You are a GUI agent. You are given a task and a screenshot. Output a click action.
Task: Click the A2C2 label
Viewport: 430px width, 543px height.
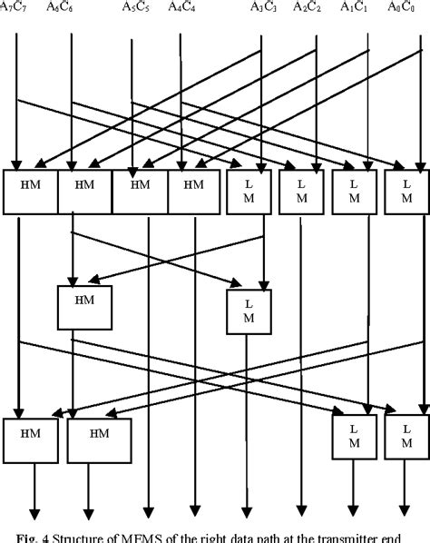pyautogui.click(x=308, y=7)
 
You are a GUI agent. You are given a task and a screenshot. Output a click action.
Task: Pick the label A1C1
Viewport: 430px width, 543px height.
pyautogui.click(x=356, y=7)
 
